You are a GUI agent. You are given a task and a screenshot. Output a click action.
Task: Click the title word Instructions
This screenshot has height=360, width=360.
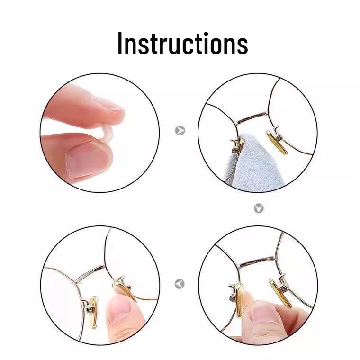(182, 43)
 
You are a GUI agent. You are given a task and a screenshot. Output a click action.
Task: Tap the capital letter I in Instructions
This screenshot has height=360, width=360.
(120, 44)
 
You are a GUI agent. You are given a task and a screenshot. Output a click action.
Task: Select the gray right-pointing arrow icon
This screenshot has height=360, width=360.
(180, 130)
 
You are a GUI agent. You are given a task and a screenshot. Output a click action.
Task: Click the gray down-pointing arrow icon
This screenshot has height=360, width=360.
(258, 208)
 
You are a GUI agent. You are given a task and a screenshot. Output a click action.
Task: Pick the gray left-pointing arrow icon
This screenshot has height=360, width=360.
(180, 284)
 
